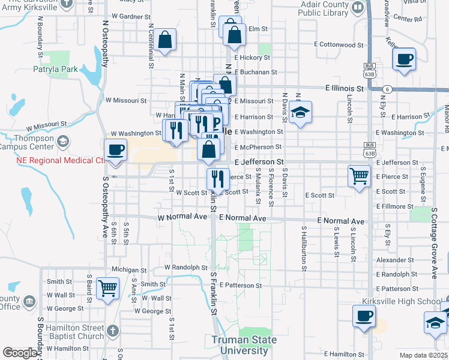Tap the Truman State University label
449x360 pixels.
tap(244, 345)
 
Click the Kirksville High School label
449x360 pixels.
tap(402, 301)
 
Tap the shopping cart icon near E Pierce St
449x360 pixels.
tap(359, 176)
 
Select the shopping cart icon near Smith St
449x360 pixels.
tap(107, 288)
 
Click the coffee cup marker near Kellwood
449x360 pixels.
tap(404, 59)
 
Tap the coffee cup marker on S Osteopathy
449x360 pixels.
tap(115, 149)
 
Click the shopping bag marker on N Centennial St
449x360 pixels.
tap(165, 40)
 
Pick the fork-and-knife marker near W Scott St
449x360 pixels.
tap(217, 178)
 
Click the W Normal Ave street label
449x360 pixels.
tap(182, 217)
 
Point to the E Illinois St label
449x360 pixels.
tap(345, 88)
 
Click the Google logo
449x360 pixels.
tap(20, 353)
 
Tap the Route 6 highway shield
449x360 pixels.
tap(388, 89)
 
